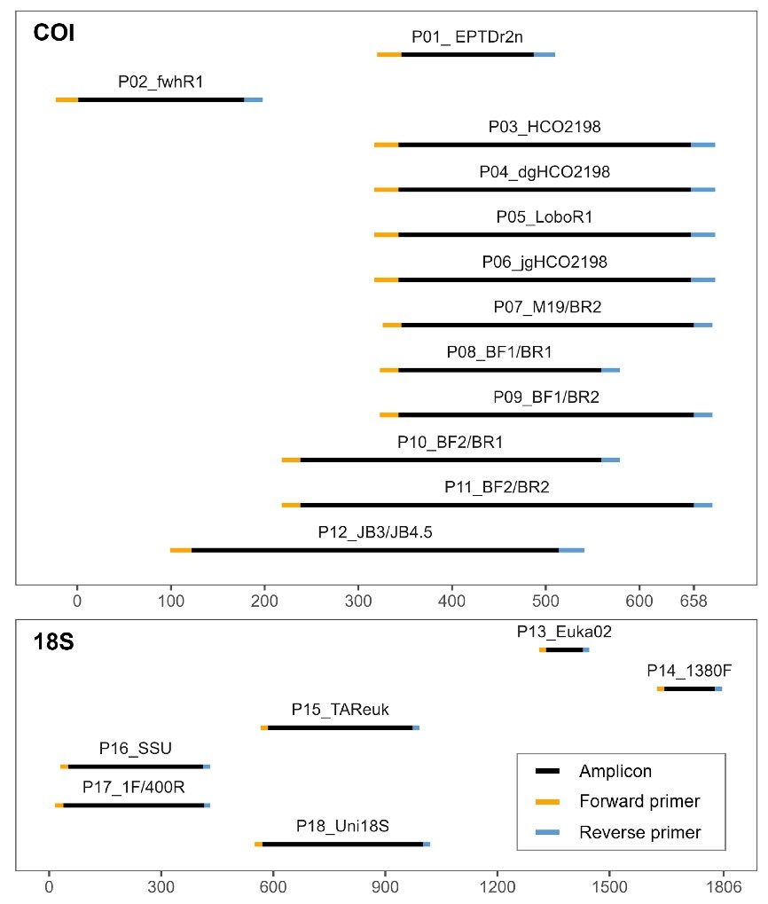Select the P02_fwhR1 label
pos(161,82)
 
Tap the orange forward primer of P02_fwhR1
pos(67,99)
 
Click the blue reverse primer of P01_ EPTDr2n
pos(545,54)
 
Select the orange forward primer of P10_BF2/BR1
pos(291,460)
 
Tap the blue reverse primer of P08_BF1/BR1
pos(611,369)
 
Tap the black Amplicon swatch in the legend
pos(545,772)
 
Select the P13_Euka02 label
pos(564,633)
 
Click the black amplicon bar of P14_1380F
pos(689,688)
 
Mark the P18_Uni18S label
pos(342,826)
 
